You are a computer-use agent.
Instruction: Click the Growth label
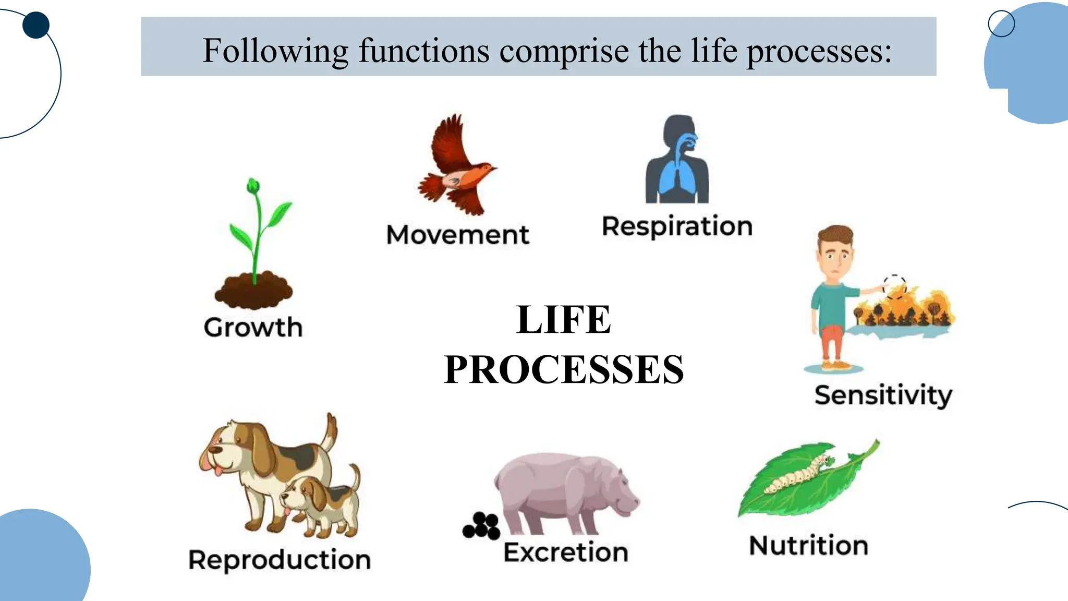coord(253,328)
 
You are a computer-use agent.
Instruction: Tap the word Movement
coord(457,235)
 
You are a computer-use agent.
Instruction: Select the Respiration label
coord(677,226)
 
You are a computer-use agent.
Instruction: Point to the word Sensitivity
coord(883,395)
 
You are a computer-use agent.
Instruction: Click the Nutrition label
coord(808,546)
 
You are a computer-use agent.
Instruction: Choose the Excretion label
coord(566,552)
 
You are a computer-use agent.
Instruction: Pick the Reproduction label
coord(280,560)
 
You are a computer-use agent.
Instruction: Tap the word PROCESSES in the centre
coord(564,369)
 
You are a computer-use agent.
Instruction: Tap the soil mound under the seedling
coord(253,291)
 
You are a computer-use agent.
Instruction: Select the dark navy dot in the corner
coord(36,25)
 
